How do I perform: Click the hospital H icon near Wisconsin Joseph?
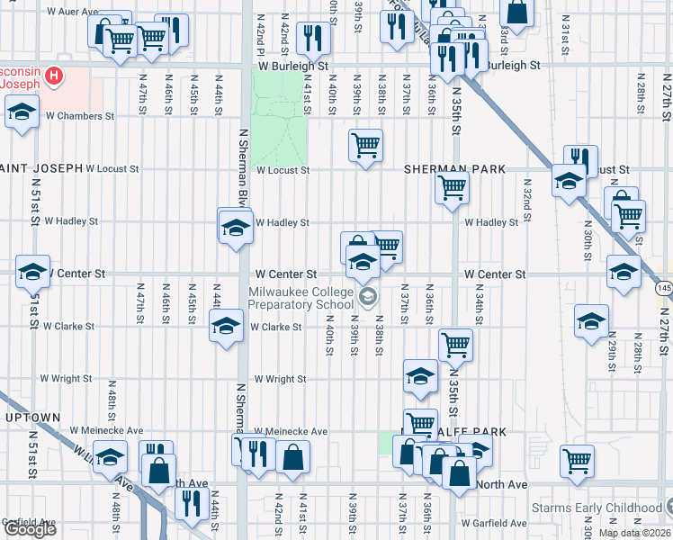[55, 76]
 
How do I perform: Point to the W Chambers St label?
[78, 116]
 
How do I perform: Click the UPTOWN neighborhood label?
[32, 418]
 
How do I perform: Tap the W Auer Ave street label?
[71, 12]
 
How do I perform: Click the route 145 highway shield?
[663, 287]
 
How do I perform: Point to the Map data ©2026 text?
[634, 533]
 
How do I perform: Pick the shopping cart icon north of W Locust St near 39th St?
[365, 145]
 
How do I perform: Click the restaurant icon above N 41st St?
[313, 37]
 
